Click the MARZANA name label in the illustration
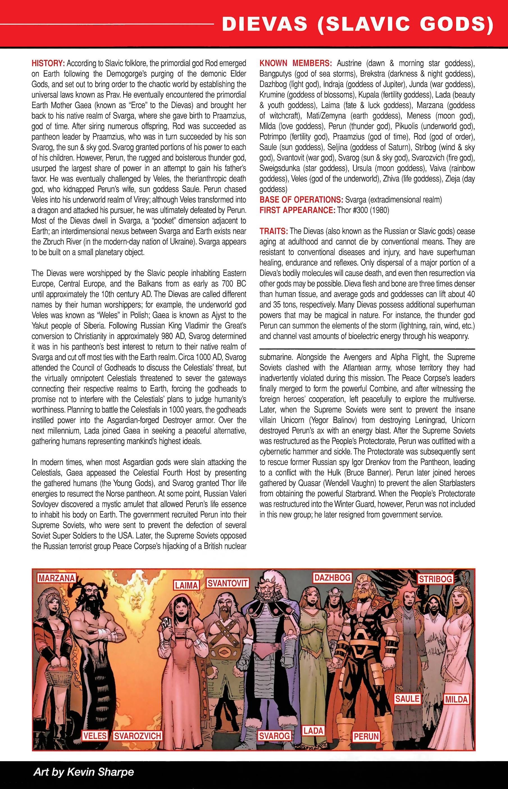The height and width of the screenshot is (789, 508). [56, 578]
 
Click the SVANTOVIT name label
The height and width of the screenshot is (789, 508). [228, 583]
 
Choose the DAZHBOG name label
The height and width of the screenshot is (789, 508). [332, 577]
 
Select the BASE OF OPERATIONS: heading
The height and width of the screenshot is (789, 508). [301, 200]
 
